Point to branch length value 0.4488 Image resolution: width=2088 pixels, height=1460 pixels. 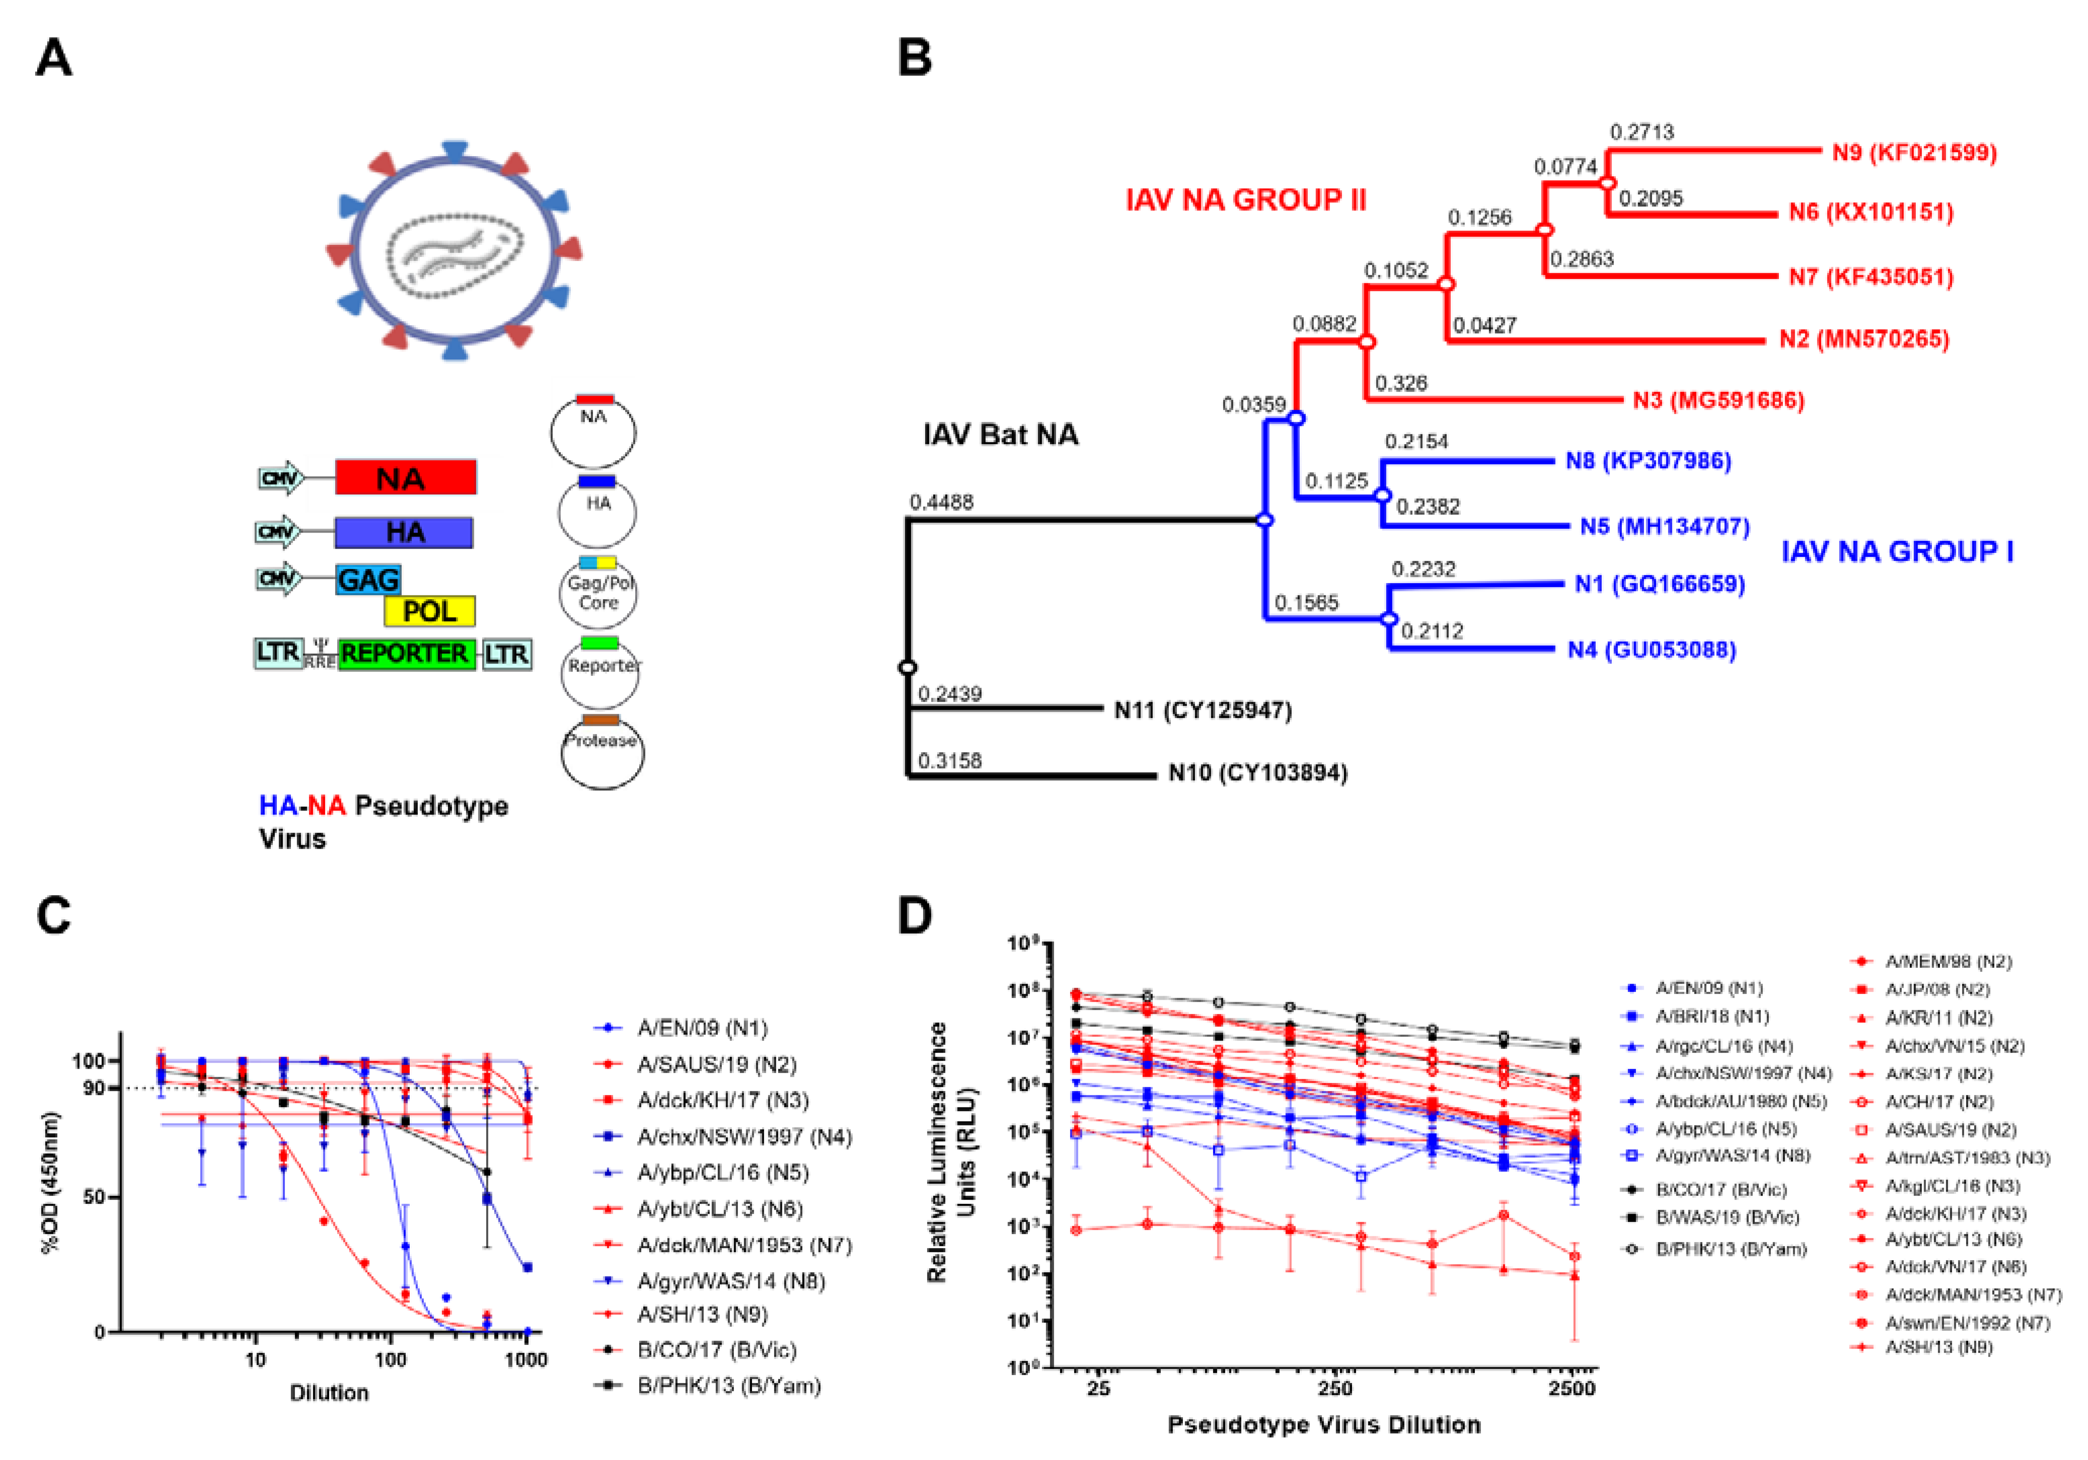[x=941, y=502]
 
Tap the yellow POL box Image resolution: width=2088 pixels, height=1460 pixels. [x=429, y=611]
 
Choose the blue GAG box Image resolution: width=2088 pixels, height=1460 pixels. [x=367, y=579]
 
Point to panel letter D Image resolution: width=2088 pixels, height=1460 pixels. [x=915, y=916]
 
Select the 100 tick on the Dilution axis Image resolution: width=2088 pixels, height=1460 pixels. [x=391, y=1360]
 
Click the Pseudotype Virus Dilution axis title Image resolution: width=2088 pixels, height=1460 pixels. [x=1323, y=1425]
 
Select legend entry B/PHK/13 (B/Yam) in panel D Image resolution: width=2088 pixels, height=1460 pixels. [x=1731, y=1249]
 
